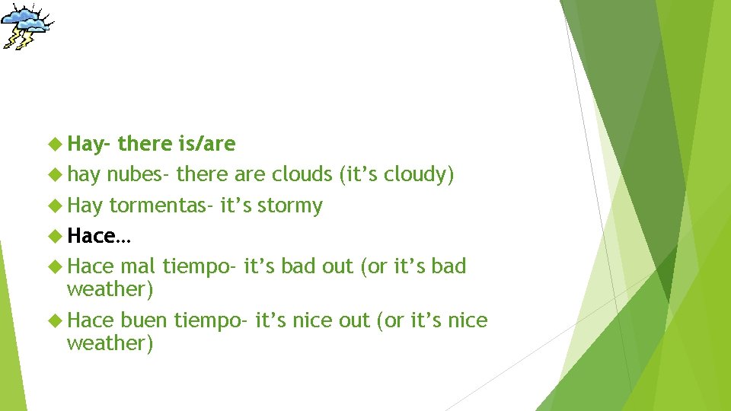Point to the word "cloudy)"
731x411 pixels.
tap(419, 175)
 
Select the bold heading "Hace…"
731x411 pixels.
tap(99, 236)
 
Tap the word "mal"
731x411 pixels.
tap(139, 266)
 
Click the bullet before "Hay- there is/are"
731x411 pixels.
tap(56, 144)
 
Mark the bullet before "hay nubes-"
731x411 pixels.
tap(56, 175)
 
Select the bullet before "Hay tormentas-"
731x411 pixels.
tap(56, 205)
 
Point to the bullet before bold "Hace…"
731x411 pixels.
tap(56, 236)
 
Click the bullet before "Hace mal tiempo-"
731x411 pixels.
tap(56, 266)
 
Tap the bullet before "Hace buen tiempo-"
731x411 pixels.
tap(56, 320)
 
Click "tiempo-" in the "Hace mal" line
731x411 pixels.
tap(200, 267)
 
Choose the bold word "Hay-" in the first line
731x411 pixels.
tap(89, 144)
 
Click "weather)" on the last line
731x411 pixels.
tap(110, 343)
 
